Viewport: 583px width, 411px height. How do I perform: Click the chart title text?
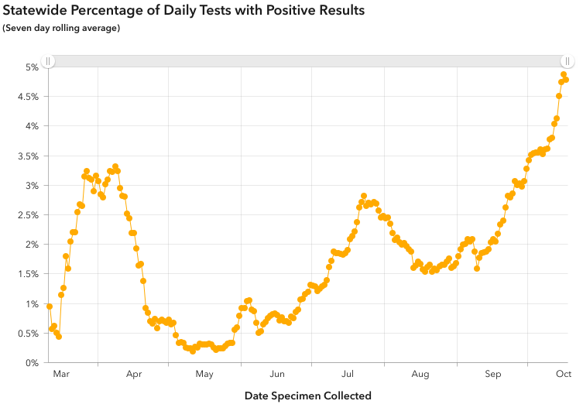(x=183, y=11)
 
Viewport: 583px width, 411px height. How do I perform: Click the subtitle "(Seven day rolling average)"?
(x=61, y=29)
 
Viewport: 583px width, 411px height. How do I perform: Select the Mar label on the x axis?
(x=61, y=375)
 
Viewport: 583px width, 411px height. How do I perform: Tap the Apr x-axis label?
(x=134, y=375)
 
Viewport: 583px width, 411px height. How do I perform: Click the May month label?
(x=204, y=375)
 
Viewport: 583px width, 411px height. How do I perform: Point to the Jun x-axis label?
(x=277, y=375)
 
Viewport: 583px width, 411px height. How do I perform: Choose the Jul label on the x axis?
(x=348, y=375)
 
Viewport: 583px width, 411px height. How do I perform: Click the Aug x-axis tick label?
(x=420, y=375)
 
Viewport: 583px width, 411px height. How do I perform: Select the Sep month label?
(x=492, y=375)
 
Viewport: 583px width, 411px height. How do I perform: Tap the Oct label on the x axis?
(x=563, y=375)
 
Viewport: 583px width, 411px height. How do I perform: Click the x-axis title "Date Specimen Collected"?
(x=308, y=396)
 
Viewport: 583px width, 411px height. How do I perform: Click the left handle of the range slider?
(x=48, y=61)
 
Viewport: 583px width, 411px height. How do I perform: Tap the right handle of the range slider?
(x=568, y=61)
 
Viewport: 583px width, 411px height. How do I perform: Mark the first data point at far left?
(x=50, y=307)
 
